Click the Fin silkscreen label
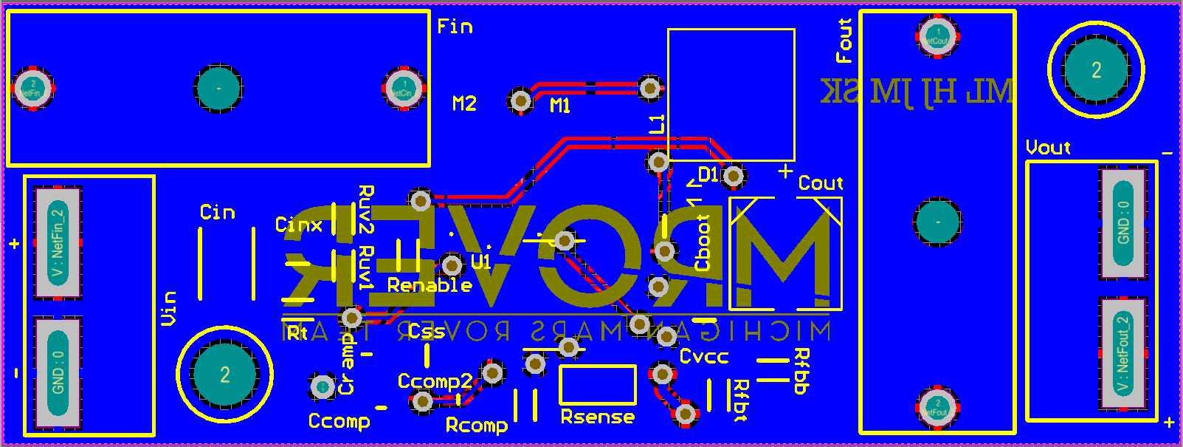455,27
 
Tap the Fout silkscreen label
844,41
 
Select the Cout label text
821,183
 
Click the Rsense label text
598,417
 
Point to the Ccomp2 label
435,381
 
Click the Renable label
430,285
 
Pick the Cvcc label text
704,357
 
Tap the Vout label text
1048,148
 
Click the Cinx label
299,225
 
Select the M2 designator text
464,103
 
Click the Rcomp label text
477,426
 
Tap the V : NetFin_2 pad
58,243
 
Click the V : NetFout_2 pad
1122,353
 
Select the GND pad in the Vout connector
1122,223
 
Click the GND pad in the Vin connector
58,373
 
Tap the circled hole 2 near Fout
1096,70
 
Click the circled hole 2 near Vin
224,375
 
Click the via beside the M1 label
521,100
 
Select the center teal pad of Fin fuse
218,89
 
